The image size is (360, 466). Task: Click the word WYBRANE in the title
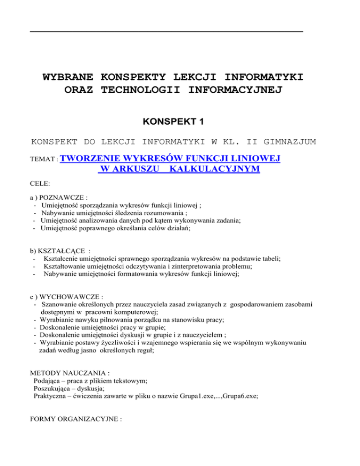coord(67,76)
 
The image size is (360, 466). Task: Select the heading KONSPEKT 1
coord(180,121)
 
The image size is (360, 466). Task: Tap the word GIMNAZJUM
coord(291,141)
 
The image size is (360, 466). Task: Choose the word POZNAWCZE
coord(64,198)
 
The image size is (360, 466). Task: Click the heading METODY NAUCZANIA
coord(69,374)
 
